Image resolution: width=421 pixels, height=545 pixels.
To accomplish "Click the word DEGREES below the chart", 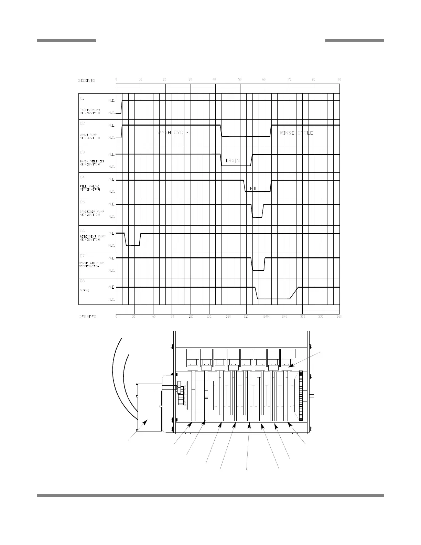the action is (x=88, y=317).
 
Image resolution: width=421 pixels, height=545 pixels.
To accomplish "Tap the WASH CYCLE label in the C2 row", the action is (x=173, y=133).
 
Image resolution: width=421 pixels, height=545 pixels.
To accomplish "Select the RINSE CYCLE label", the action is (x=296, y=133).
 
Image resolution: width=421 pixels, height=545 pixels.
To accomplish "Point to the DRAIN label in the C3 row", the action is (x=233, y=161).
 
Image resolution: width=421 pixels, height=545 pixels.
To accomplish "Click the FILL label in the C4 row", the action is (x=256, y=189).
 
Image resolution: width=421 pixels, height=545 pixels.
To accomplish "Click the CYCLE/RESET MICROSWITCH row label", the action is (x=90, y=111).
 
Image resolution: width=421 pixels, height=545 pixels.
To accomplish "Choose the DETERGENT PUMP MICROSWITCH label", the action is (x=90, y=238).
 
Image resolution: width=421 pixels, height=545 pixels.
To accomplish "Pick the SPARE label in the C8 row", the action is (x=85, y=290).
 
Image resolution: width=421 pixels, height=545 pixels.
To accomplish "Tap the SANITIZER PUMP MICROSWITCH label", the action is (x=90, y=213).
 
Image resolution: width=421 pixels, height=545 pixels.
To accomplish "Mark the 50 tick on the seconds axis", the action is (x=240, y=79).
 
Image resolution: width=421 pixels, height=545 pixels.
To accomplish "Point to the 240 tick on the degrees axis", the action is (x=266, y=317).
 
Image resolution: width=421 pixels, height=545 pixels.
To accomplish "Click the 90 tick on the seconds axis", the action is (x=339, y=79).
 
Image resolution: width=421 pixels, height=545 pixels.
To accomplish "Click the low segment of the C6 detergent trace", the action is (x=133, y=245).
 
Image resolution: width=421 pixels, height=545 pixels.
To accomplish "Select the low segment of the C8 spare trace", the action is (x=274, y=299).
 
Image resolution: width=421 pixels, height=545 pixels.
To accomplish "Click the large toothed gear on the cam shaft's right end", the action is (x=301, y=396).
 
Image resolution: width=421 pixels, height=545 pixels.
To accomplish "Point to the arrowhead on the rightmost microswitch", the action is (x=290, y=367).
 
